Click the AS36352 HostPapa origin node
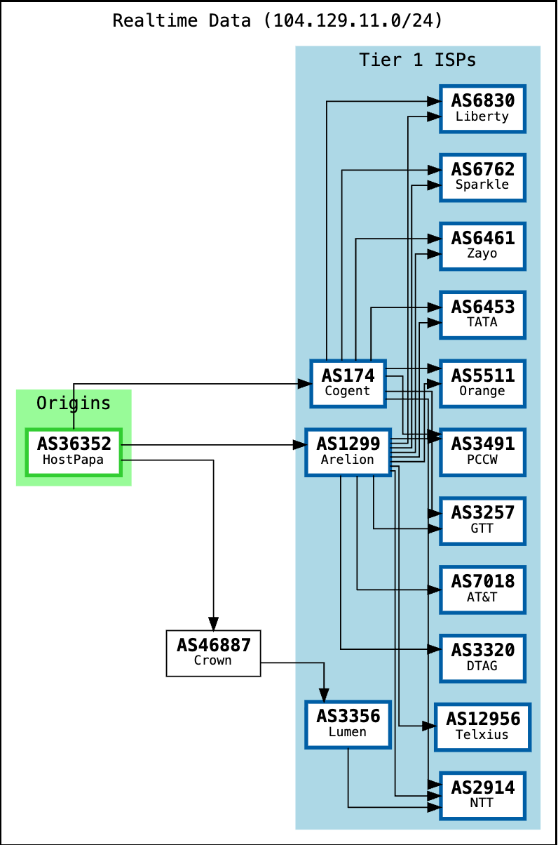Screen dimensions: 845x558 pos(74,451)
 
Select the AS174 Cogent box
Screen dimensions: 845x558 pos(348,382)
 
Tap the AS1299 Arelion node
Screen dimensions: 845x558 pos(348,451)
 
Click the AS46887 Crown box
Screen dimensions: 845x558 pos(213,653)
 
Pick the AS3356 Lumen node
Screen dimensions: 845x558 pos(348,724)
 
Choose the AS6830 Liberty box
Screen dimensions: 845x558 pos(482,108)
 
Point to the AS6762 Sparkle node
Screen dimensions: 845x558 pos(482,177)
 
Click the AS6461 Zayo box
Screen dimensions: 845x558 pos(482,246)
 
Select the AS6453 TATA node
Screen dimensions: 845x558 pos(482,314)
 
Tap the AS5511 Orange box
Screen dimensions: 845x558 pos(482,382)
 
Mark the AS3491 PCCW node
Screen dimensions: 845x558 pos(482,451)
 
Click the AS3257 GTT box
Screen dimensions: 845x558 pos(482,520)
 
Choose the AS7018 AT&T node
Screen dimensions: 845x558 pos(482,589)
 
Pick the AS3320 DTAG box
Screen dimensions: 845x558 pos(482,658)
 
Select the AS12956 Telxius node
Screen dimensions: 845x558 pos(482,726)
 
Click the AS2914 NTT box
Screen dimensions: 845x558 pos(482,795)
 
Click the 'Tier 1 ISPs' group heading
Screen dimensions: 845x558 pos(418,60)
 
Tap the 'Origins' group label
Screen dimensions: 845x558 pos(74,403)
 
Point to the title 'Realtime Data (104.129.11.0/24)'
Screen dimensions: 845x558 pos(278,20)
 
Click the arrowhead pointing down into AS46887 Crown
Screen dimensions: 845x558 pos(213,623)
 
